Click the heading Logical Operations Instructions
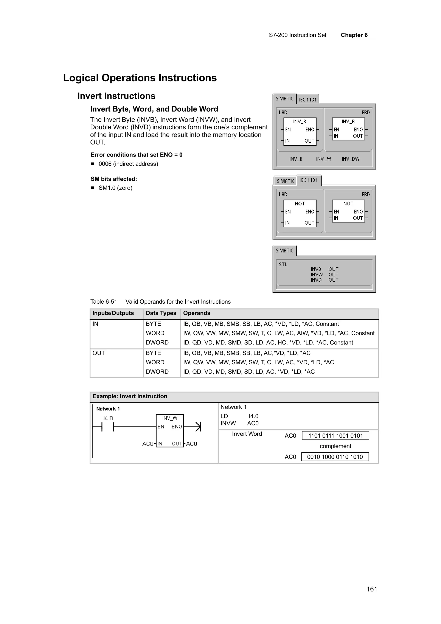(140, 78)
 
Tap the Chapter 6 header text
(354, 35)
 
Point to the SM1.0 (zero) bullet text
(115, 188)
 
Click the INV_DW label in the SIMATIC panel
(350, 159)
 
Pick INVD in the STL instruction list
(316, 280)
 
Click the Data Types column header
(161, 313)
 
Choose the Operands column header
(196, 313)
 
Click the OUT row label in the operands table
(98, 353)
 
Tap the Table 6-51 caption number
(104, 302)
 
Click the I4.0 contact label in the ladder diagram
(108, 418)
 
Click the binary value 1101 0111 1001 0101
(335, 436)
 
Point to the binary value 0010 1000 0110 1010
(335, 457)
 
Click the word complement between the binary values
(335, 446)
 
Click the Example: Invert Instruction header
(130, 396)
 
